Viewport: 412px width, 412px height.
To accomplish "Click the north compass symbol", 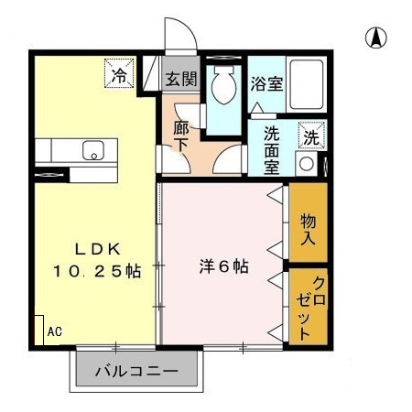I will click(x=375, y=38).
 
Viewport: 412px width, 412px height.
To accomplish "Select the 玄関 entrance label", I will click(x=181, y=80).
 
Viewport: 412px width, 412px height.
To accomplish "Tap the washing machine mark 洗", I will click(x=312, y=137).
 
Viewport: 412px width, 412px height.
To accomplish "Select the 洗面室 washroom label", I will click(x=273, y=149).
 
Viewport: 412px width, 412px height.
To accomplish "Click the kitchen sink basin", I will click(x=92, y=150).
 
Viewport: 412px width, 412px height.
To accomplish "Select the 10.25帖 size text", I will click(x=96, y=272).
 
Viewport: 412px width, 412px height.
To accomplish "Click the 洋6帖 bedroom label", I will click(x=224, y=266).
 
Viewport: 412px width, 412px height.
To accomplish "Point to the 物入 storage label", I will click(x=309, y=229).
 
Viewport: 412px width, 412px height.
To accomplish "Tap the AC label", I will click(x=54, y=331).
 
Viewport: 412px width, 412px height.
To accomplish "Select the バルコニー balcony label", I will click(x=136, y=373).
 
